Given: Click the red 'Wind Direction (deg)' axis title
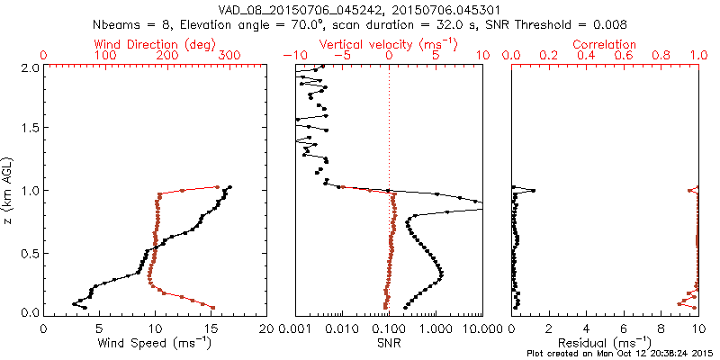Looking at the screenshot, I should (x=155, y=44).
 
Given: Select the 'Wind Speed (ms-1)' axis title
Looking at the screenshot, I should (x=155, y=343).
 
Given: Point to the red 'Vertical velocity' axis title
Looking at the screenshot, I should (x=388, y=44).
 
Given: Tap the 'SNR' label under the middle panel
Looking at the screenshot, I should (x=388, y=343).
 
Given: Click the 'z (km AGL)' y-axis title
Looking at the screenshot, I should (x=9, y=189).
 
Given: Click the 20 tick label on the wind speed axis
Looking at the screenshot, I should (x=266, y=328).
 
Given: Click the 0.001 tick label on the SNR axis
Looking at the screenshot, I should (x=295, y=328).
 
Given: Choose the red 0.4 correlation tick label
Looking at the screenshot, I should (x=586, y=56).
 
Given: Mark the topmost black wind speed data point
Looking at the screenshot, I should (x=230, y=187).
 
